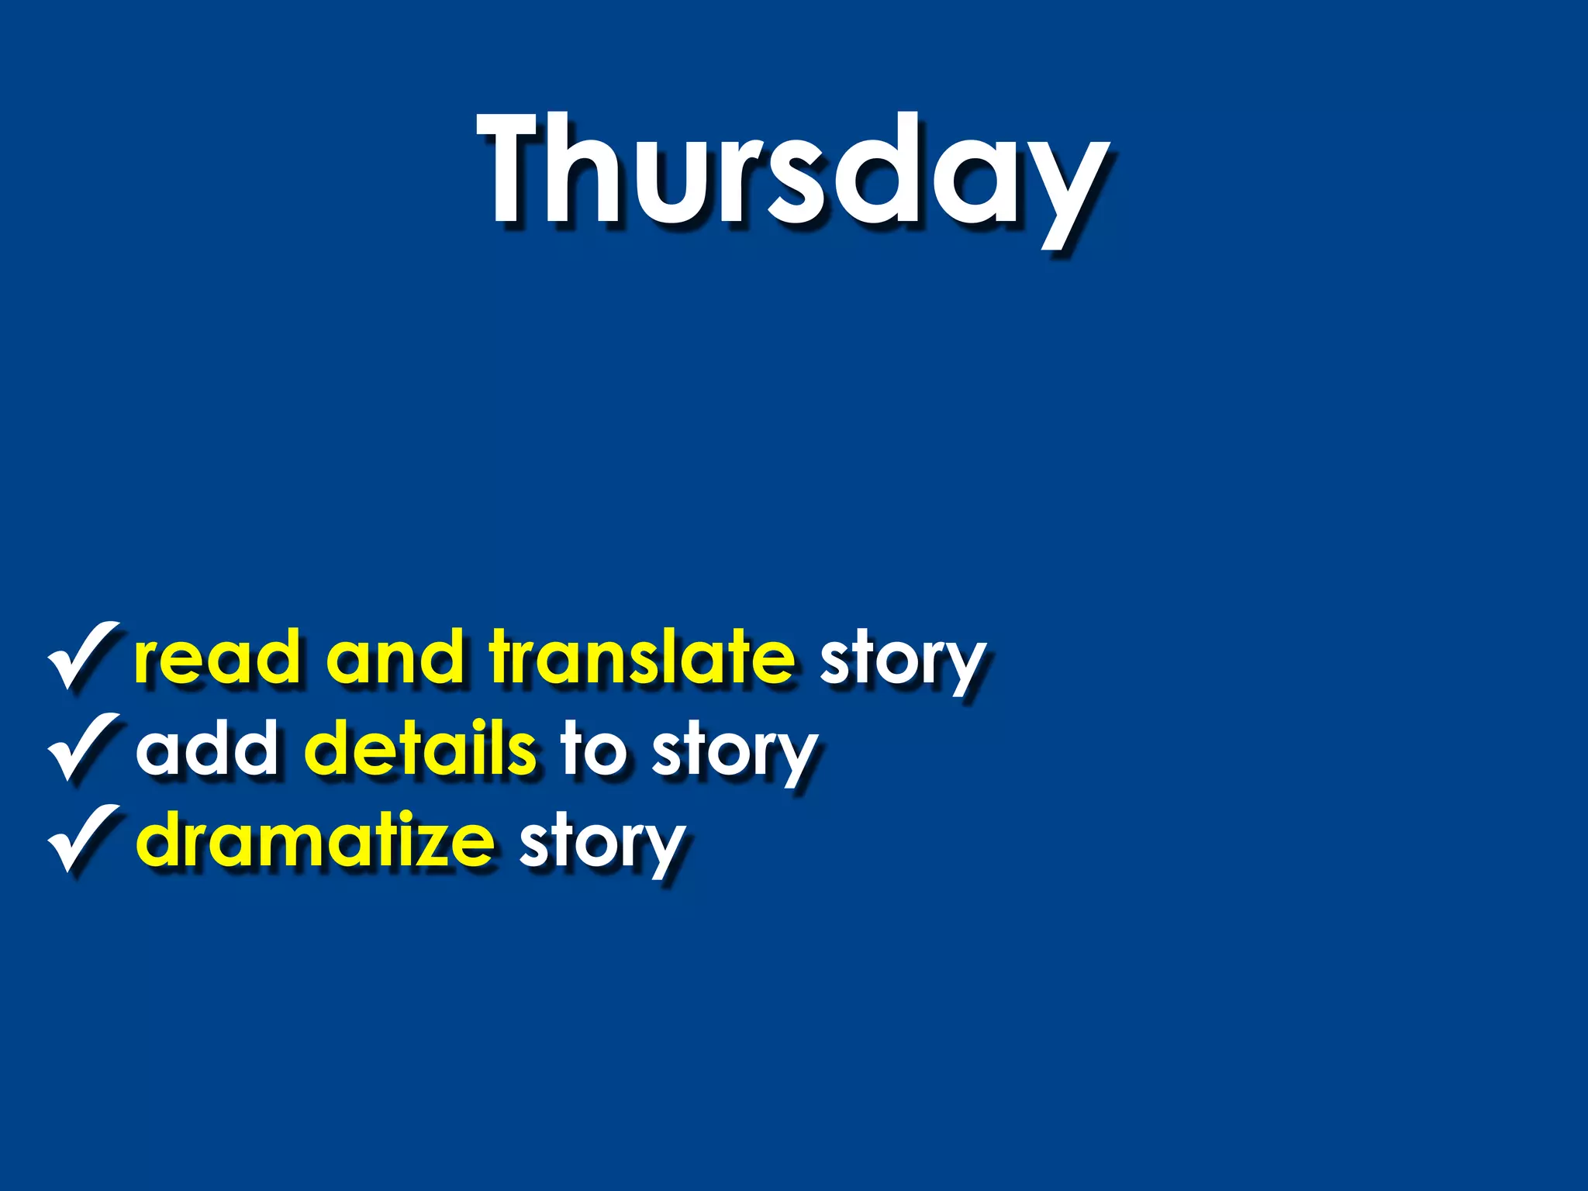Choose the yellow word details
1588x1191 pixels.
419,748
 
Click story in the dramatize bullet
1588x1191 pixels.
602,845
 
